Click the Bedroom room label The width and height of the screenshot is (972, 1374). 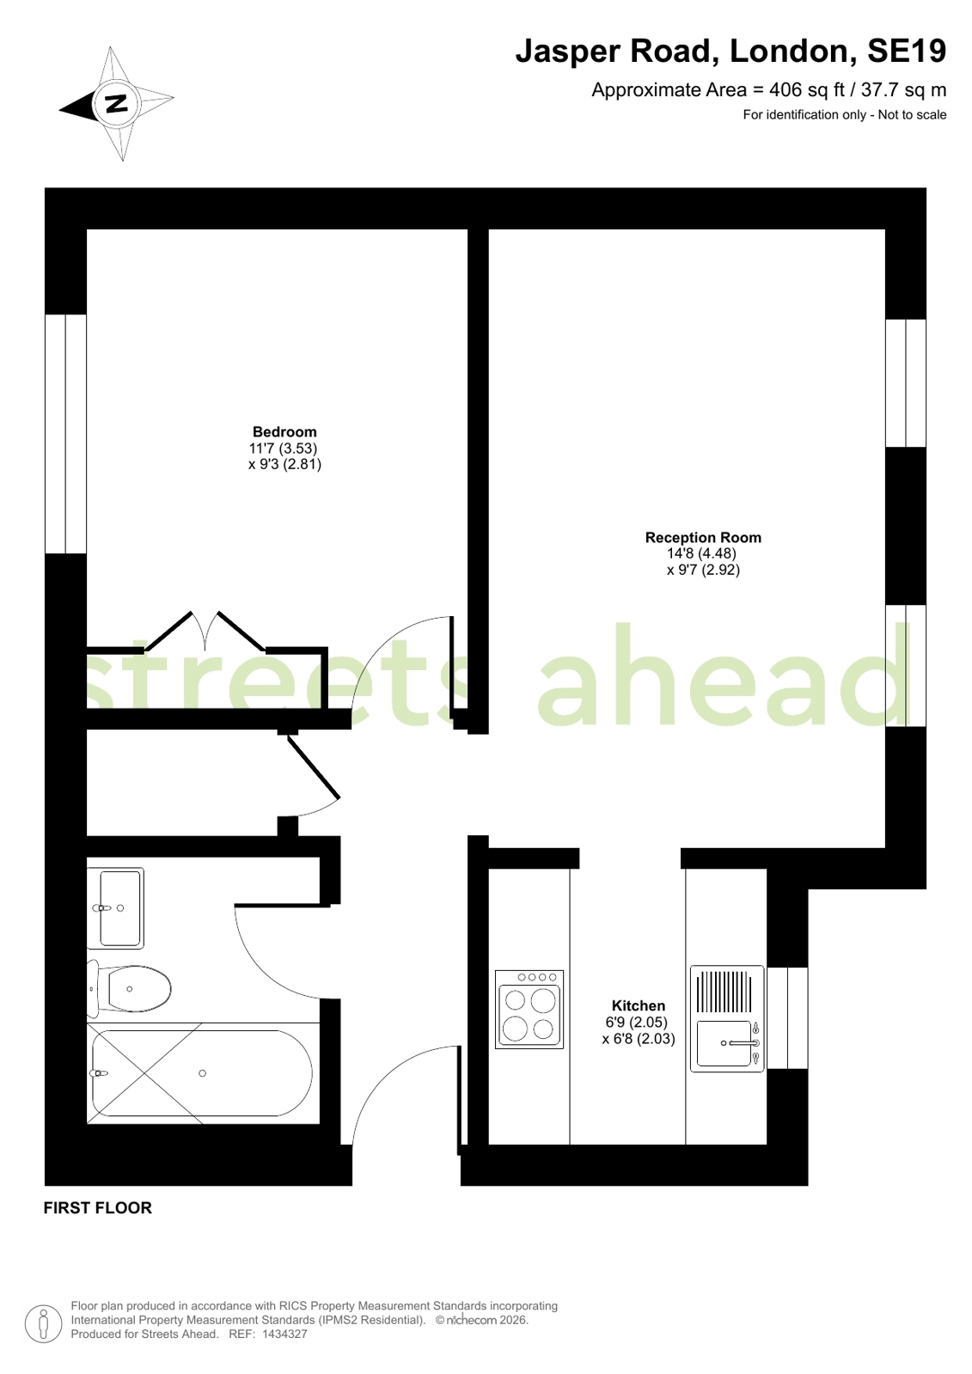tap(284, 431)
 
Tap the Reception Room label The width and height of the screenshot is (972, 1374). tap(703, 537)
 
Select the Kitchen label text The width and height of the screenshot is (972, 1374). tap(638, 1005)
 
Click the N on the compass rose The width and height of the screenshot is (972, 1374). tap(115, 104)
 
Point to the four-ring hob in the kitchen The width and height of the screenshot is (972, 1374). tap(529, 1010)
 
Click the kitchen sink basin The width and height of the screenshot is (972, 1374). tap(724, 1043)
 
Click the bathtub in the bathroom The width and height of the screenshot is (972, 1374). tap(202, 1073)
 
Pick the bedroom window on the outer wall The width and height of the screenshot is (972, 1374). tap(66, 434)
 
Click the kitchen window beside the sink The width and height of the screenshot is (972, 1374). tap(787, 1017)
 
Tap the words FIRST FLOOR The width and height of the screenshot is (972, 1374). tap(98, 1207)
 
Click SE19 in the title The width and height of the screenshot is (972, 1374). tap(907, 52)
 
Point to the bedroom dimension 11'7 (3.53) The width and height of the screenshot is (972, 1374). tap(284, 448)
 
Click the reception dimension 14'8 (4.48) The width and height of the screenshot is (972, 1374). tap(702, 553)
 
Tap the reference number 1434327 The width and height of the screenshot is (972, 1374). tap(284, 1334)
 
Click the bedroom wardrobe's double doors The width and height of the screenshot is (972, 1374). tap(205, 632)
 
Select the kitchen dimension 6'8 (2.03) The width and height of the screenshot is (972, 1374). tap(639, 1038)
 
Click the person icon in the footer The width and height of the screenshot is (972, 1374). tap(43, 1323)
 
